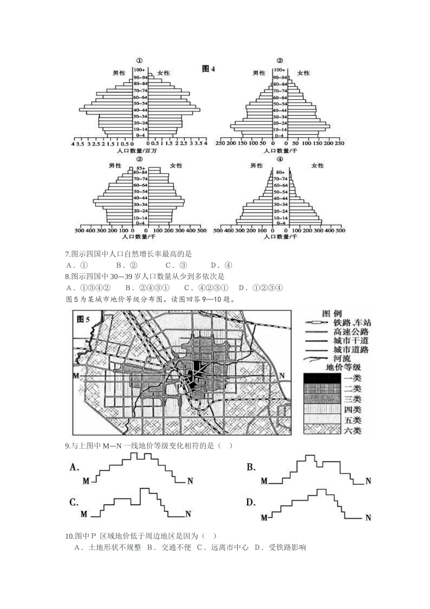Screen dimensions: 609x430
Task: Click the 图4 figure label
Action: [209, 69]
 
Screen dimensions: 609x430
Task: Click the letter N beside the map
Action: [282, 376]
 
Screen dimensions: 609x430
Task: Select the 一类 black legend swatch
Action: [321, 377]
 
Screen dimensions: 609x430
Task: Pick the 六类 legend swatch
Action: [321, 430]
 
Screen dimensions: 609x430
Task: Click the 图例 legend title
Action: [332, 314]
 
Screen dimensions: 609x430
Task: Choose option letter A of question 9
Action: [75, 467]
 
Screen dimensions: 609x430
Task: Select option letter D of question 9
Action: [251, 502]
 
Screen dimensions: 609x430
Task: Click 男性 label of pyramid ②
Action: [259, 72]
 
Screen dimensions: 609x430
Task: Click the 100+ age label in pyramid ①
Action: [139, 69]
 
